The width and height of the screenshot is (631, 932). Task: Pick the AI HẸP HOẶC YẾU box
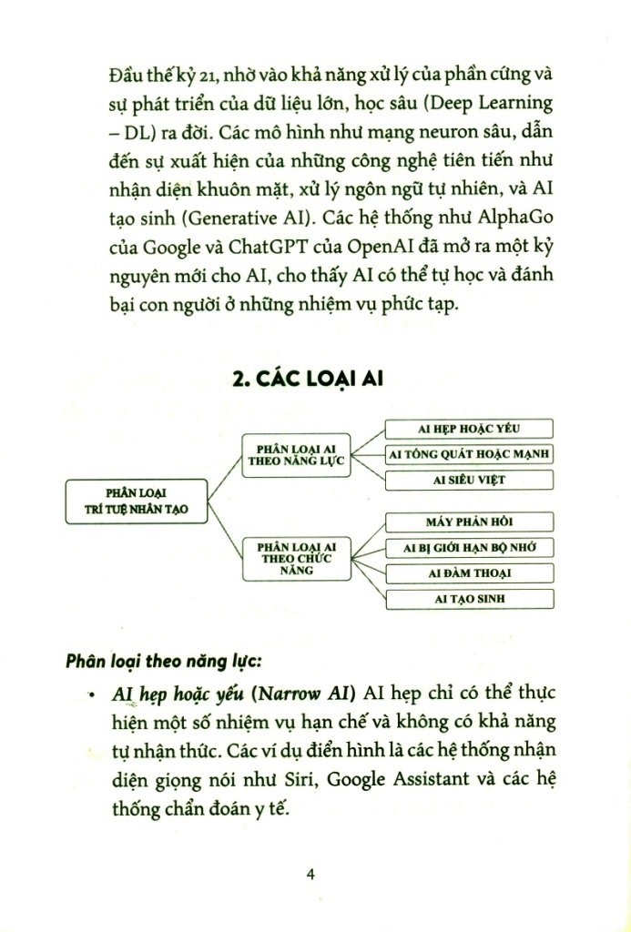(x=468, y=429)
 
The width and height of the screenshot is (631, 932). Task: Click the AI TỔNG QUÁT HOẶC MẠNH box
(x=470, y=453)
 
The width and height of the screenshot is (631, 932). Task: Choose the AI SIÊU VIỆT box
(x=469, y=479)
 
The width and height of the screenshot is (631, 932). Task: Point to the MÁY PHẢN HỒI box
(x=470, y=522)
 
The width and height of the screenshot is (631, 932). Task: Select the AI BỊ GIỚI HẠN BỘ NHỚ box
(x=470, y=547)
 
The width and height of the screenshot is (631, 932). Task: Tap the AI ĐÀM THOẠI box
(x=470, y=573)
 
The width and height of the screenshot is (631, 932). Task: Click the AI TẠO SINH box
(x=470, y=599)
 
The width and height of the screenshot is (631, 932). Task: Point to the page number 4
(x=311, y=875)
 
